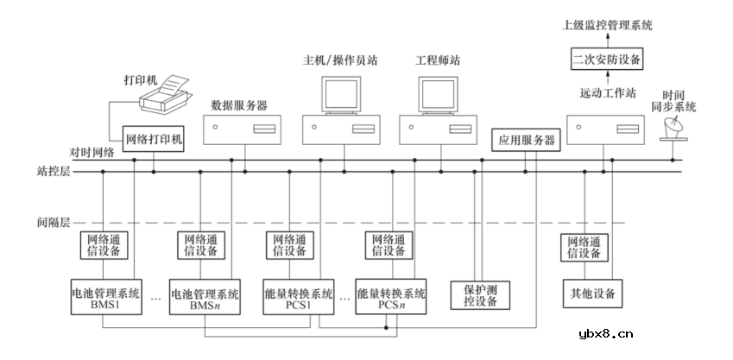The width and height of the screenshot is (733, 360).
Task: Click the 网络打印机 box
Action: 155,137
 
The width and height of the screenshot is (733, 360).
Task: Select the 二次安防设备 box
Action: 607,60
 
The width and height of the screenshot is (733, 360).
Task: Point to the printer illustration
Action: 167,93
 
